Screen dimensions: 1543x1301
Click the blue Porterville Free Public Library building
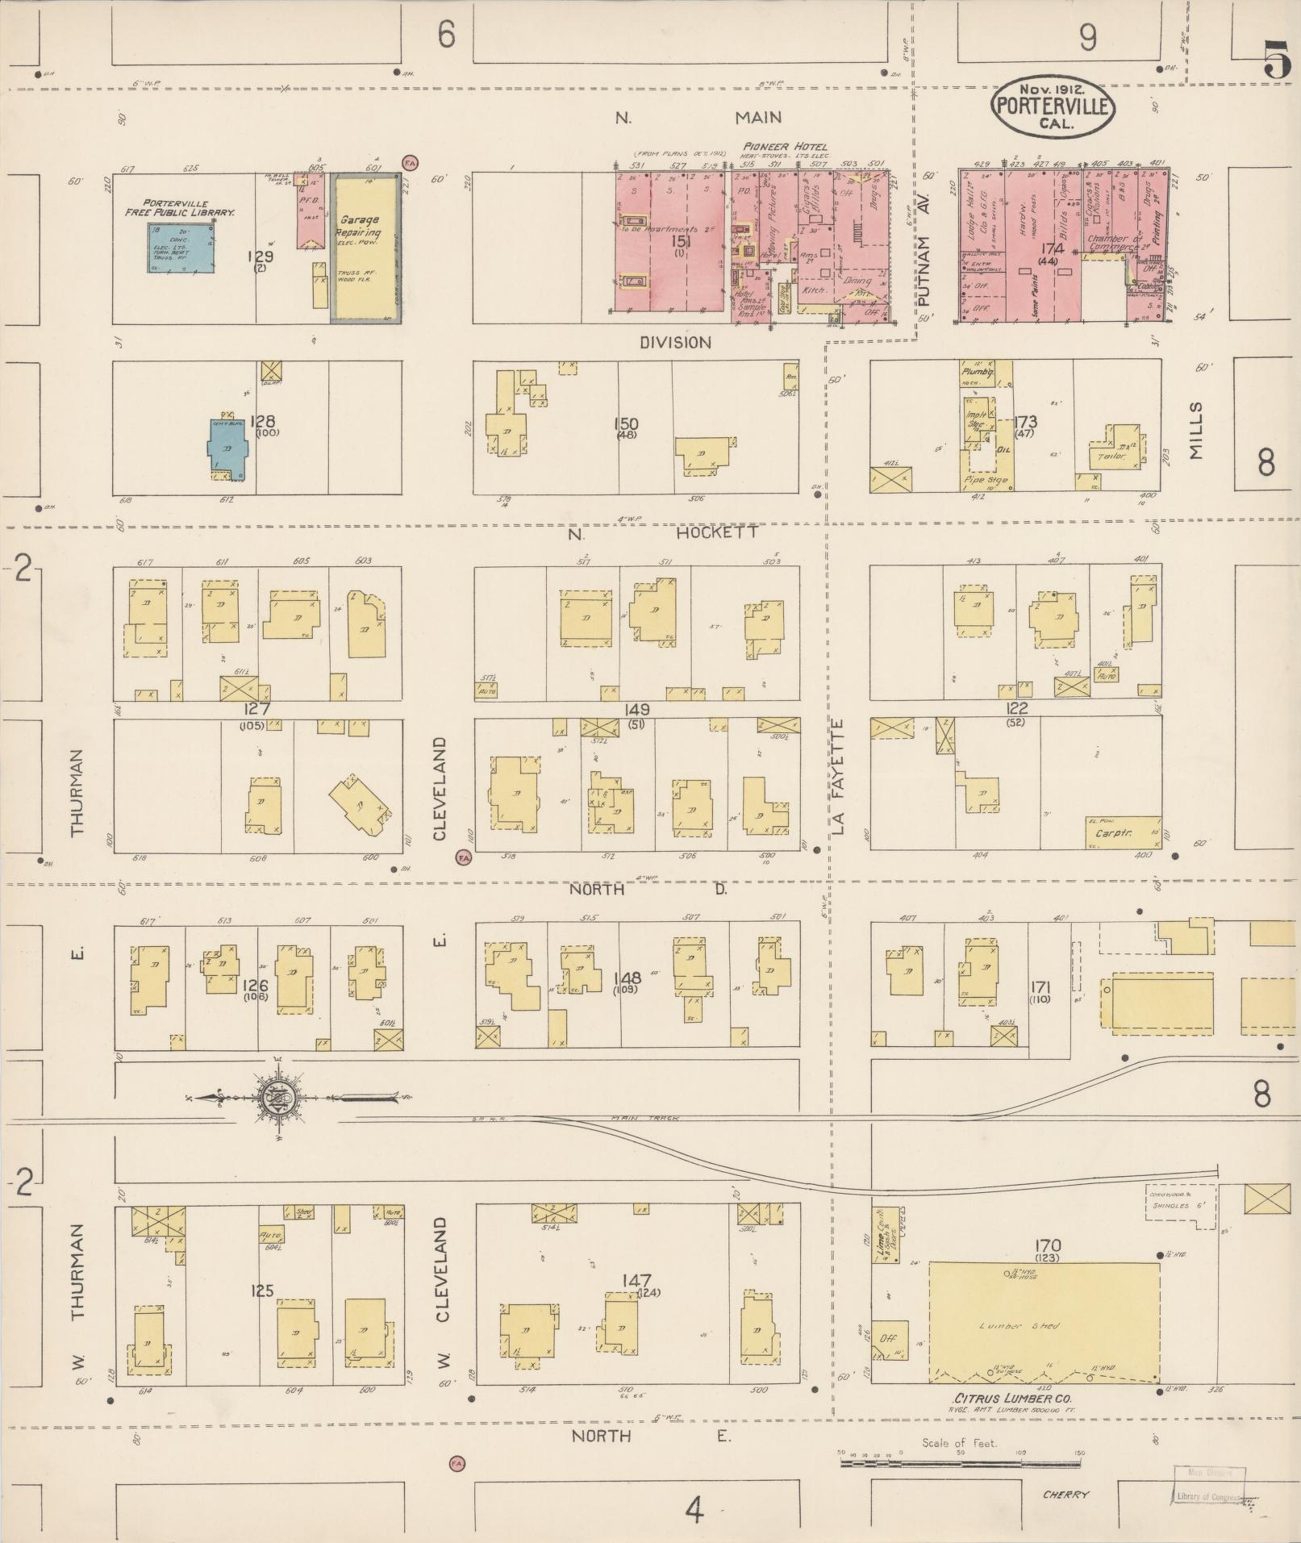tap(181, 248)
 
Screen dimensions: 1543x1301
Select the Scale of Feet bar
tap(960, 1462)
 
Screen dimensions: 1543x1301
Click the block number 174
tap(1051, 249)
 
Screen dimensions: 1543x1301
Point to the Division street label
tap(675, 343)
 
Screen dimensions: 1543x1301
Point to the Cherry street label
tap(1065, 1494)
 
